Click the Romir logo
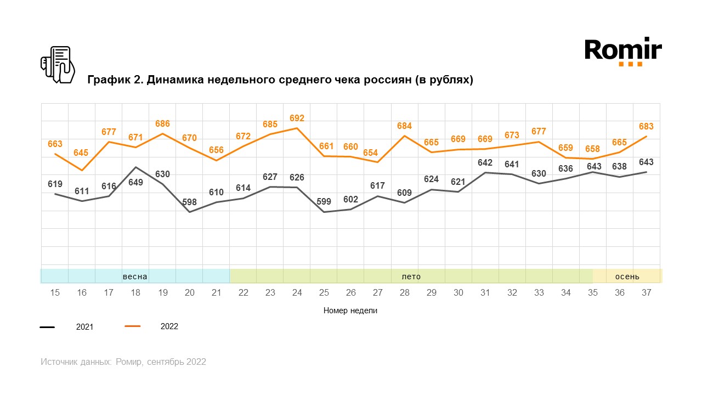pos(623,52)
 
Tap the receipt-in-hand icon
pos(58,65)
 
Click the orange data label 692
pos(297,118)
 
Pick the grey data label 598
pos(189,202)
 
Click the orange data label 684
pos(404,126)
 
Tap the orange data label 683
pos(646,127)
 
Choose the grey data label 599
pos(324,201)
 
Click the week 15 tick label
pos(55,293)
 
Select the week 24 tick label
pos(297,293)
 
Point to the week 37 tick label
pos(646,293)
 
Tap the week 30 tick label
pos(458,293)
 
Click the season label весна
pos(135,276)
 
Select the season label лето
pos(411,276)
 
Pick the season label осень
pos(627,276)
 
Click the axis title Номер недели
pos(350,311)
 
